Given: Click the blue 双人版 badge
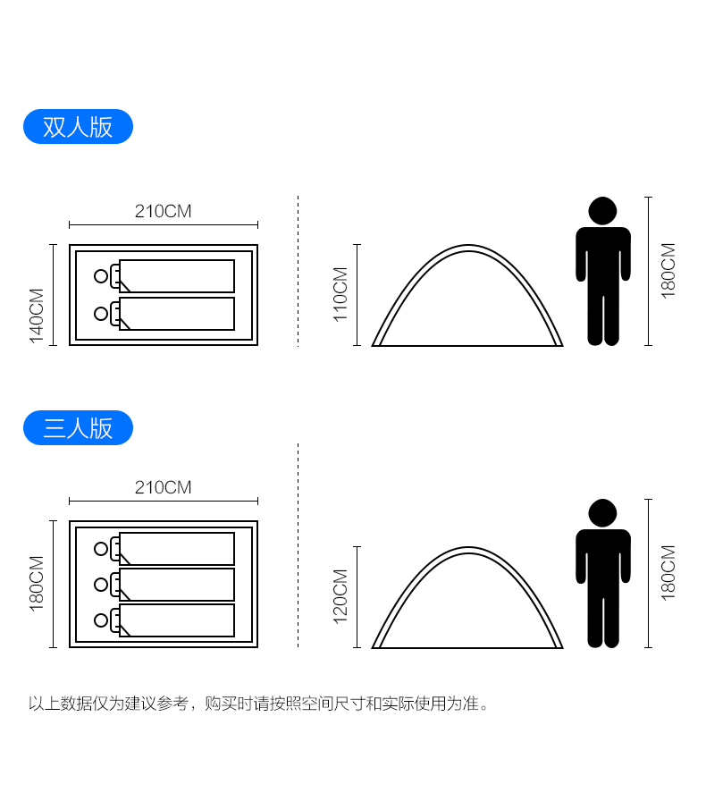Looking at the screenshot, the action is pyautogui.click(x=78, y=126).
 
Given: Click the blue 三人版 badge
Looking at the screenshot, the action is pyautogui.click(x=78, y=427).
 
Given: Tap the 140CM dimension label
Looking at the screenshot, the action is pyautogui.click(x=37, y=316).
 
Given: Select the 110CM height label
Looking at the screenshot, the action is pyautogui.click(x=340, y=295).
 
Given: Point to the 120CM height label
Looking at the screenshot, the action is pyautogui.click(x=340, y=596).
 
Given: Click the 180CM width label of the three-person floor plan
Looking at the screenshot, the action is pyautogui.click(x=37, y=584).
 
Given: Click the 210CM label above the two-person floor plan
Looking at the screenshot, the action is pyautogui.click(x=163, y=211).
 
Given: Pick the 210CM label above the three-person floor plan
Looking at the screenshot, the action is pyautogui.click(x=163, y=487).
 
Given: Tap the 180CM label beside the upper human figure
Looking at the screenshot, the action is pyautogui.click(x=668, y=271).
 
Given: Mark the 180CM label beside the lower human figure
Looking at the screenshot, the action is pyautogui.click(x=668, y=573).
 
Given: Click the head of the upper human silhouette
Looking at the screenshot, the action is pyautogui.click(x=603, y=211).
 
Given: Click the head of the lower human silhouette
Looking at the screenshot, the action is pyautogui.click(x=603, y=513).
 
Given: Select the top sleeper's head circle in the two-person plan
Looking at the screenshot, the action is pyautogui.click(x=101, y=276).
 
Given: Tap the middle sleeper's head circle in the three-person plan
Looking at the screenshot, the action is pyautogui.click(x=101, y=585).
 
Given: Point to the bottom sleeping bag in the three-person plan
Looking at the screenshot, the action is pyautogui.click(x=177, y=620).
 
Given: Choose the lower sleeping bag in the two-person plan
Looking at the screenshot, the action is pyautogui.click(x=177, y=314).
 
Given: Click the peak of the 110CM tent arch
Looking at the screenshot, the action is pyautogui.click(x=468, y=246).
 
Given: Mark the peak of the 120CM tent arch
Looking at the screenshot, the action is pyautogui.click(x=468, y=548).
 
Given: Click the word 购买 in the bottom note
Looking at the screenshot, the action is pyautogui.click(x=221, y=704).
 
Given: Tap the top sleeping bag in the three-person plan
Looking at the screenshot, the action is pyautogui.click(x=177, y=549).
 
